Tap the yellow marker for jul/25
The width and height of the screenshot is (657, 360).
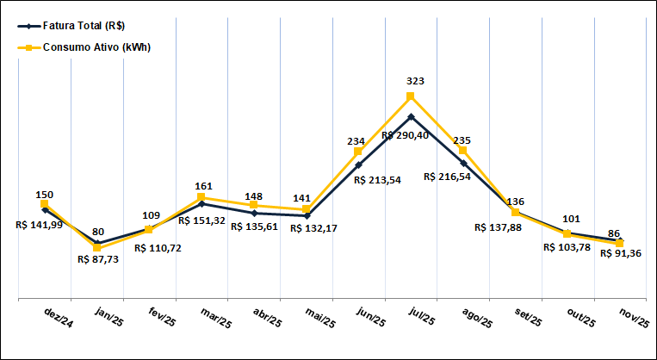click(411, 96)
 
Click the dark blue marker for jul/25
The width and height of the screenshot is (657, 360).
click(411, 116)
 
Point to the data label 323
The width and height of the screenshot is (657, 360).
click(416, 81)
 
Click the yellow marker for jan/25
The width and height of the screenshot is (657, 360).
click(97, 248)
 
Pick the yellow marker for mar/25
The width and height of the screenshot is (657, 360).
click(201, 197)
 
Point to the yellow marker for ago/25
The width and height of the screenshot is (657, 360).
click(463, 151)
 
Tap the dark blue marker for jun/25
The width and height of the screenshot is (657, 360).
click(358, 164)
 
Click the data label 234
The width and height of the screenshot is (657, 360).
click(357, 140)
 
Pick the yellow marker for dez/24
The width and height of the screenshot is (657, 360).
click(45, 204)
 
